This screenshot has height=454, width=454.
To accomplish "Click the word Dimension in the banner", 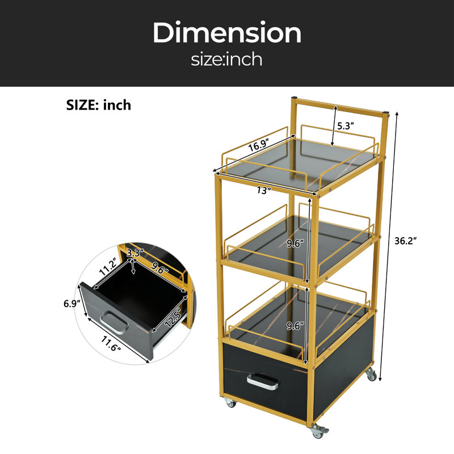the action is coord(227,32).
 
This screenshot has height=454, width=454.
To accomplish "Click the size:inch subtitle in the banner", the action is coord(226,59).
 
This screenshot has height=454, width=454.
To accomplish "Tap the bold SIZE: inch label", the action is coord(99,105).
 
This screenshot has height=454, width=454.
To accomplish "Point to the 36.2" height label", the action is coord(405,241).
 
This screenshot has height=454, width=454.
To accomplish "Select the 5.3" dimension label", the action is coord(346,126).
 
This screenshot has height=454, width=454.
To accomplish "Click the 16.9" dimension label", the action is coord(259,145).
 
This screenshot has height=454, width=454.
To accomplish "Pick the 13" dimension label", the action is coord(264,191).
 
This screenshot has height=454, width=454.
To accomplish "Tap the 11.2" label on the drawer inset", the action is coord(108,267).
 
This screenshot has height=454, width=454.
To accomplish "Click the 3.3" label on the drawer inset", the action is coord(135,253).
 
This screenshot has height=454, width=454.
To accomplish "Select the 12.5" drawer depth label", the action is coord(173,318).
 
